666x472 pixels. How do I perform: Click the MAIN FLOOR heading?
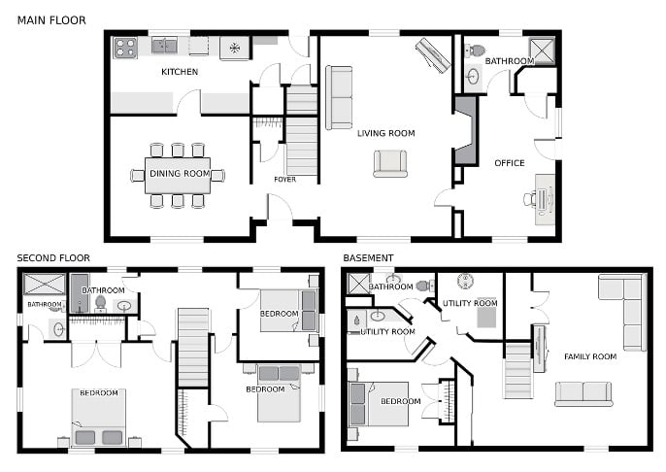coord(51,20)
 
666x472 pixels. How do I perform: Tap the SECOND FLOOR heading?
coord(53,258)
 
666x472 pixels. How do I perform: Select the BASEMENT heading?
coord(368,258)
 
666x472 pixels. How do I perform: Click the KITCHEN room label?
coord(180,72)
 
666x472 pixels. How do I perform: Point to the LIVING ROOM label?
coord(386,133)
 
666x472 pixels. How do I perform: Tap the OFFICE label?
coord(510,163)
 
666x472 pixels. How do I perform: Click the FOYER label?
coord(285,180)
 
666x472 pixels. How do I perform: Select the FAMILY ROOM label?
coord(590,356)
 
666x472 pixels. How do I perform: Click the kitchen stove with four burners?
coord(126,48)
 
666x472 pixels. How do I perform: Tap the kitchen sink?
coord(164,46)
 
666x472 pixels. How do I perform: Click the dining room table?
coord(178,176)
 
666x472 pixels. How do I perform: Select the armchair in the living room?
coord(390,163)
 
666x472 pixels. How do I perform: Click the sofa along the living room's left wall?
coord(339,98)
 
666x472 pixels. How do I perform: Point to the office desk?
coord(545,200)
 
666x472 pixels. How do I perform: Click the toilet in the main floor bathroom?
coord(476,51)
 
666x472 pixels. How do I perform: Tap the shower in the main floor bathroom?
coord(542,51)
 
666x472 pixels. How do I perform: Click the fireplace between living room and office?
coord(466,130)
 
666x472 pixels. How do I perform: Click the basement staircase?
coord(517,371)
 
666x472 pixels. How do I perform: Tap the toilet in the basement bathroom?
coord(423,286)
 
